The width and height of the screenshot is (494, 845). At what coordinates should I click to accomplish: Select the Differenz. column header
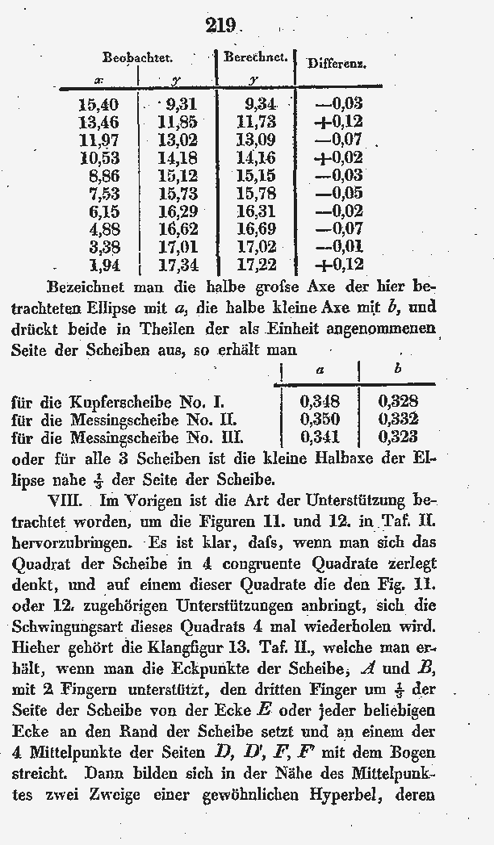[337, 63]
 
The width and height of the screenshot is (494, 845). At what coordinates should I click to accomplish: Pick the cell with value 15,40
[98, 103]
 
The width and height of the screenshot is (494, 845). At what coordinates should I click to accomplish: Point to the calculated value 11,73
[257, 122]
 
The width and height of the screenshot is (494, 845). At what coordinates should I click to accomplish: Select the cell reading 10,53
[98, 157]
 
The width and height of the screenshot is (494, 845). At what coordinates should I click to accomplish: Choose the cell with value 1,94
[102, 265]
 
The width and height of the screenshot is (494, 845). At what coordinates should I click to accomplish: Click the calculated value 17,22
[257, 265]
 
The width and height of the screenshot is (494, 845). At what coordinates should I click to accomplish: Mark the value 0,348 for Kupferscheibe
[320, 402]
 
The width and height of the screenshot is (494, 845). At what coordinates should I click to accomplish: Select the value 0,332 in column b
[398, 420]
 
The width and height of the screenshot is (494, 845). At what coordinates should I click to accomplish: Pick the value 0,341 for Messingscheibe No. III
[320, 437]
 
